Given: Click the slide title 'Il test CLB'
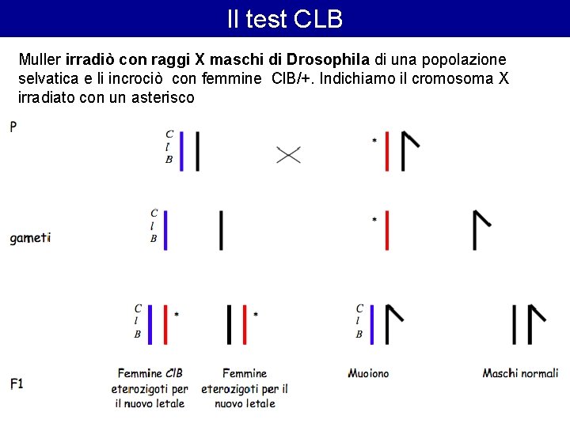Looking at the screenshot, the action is (x=285, y=19).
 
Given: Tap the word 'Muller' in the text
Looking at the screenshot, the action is (x=40, y=60).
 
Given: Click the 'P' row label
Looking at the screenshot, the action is (x=14, y=127).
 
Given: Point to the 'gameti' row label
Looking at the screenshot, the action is (x=30, y=237).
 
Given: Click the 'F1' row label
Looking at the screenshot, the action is (x=17, y=384).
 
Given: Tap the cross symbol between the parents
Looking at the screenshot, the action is (x=288, y=154).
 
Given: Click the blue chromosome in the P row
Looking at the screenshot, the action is (x=182, y=150).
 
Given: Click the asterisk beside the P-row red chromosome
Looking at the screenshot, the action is (x=374, y=142).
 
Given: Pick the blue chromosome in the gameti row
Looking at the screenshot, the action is (x=166, y=229).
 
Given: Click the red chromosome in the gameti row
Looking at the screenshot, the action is (x=387, y=229).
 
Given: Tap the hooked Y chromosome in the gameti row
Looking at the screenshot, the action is (x=478, y=229).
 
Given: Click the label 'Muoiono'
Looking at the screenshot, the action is (x=368, y=373).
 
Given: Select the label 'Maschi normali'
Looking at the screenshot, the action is (x=520, y=373).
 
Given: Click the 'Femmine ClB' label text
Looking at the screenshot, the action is (x=150, y=373).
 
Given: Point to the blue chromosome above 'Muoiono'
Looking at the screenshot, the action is (x=372, y=324).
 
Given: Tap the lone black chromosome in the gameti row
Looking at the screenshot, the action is (x=221, y=229).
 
